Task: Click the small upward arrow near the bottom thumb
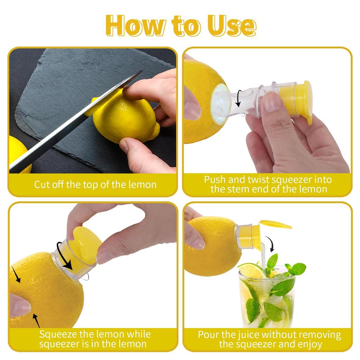click(36, 320)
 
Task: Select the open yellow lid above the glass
click(276, 224)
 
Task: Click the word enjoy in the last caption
click(309, 344)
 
